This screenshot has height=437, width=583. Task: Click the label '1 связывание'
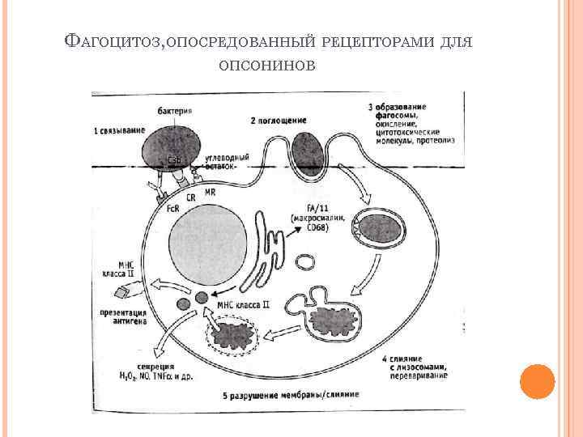tap(119, 130)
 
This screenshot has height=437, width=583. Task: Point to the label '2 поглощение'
tap(278, 121)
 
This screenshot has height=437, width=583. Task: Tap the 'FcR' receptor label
tap(173, 208)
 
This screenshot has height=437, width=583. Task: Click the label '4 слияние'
tap(407, 359)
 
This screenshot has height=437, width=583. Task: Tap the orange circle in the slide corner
tap(536, 381)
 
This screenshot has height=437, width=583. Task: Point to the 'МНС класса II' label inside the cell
tap(243, 305)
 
